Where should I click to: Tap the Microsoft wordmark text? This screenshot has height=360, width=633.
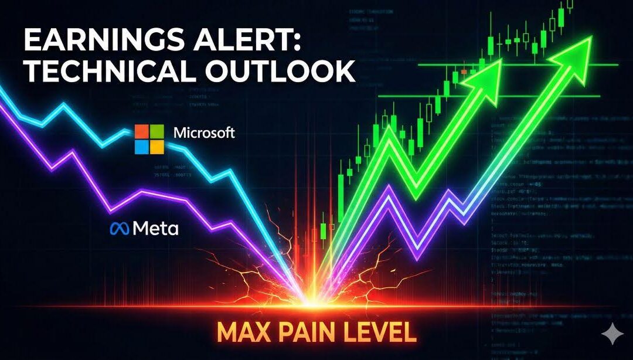pos(205,133)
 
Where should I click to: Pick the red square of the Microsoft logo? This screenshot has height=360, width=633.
pos(143,131)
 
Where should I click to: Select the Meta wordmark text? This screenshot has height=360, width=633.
pos(155,229)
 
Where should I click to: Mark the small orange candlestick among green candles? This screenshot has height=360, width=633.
pos(464,72)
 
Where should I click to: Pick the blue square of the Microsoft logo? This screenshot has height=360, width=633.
pos(143,146)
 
